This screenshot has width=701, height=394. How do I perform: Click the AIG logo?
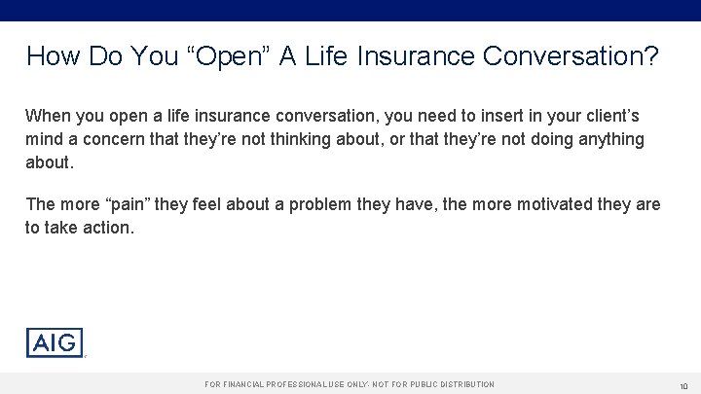click(55, 343)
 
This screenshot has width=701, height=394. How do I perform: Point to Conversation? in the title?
click(568, 56)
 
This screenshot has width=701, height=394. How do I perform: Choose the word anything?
click(609, 139)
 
